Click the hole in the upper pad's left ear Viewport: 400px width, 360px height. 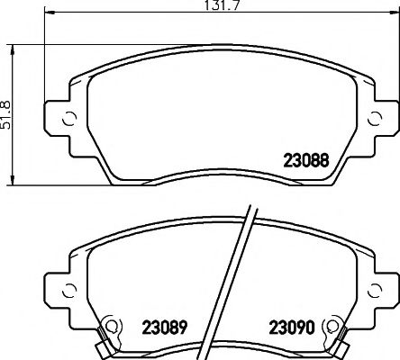pyautogui.click(x=66, y=119)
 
